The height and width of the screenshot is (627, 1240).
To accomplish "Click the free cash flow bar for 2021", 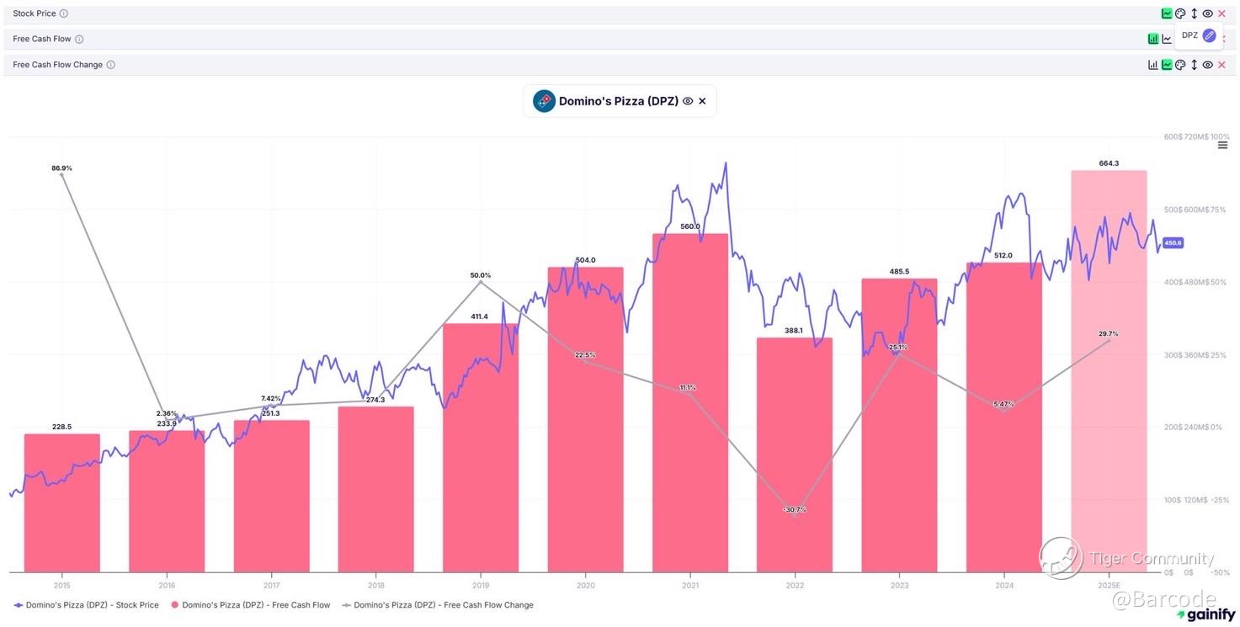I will (x=690, y=404).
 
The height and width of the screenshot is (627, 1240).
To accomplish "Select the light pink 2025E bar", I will (x=1109, y=370).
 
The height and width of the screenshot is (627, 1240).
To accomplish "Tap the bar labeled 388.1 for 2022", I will (x=795, y=454).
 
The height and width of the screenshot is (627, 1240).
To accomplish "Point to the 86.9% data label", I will (x=61, y=168).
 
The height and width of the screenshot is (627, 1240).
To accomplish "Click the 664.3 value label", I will (x=1109, y=163).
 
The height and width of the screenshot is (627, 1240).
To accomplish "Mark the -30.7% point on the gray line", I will (x=795, y=510).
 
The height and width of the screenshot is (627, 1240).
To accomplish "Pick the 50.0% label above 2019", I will (x=481, y=275).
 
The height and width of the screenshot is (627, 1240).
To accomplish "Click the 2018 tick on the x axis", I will (x=376, y=585).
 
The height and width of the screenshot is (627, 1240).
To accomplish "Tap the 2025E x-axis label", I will (x=1109, y=585).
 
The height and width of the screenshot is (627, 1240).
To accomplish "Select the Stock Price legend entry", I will (x=86, y=605).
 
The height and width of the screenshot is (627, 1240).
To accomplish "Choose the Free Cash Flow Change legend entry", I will (x=438, y=605).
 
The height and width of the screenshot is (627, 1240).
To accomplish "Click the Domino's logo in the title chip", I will (x=544, y=101).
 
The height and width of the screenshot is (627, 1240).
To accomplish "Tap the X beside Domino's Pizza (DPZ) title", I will (x=702, y=101).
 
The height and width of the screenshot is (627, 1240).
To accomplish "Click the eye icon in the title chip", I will (x=688, y=101).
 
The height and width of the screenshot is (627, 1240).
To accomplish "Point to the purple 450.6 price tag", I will (x=1173, y=242).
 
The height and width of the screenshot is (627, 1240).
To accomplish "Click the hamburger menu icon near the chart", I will (x=1222, y=146).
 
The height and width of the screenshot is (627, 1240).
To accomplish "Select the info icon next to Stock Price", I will (x=64, y=13).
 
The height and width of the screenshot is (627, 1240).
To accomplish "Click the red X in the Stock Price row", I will (x=1221, y=13).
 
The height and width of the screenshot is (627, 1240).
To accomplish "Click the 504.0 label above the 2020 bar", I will (x=585, y=260).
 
